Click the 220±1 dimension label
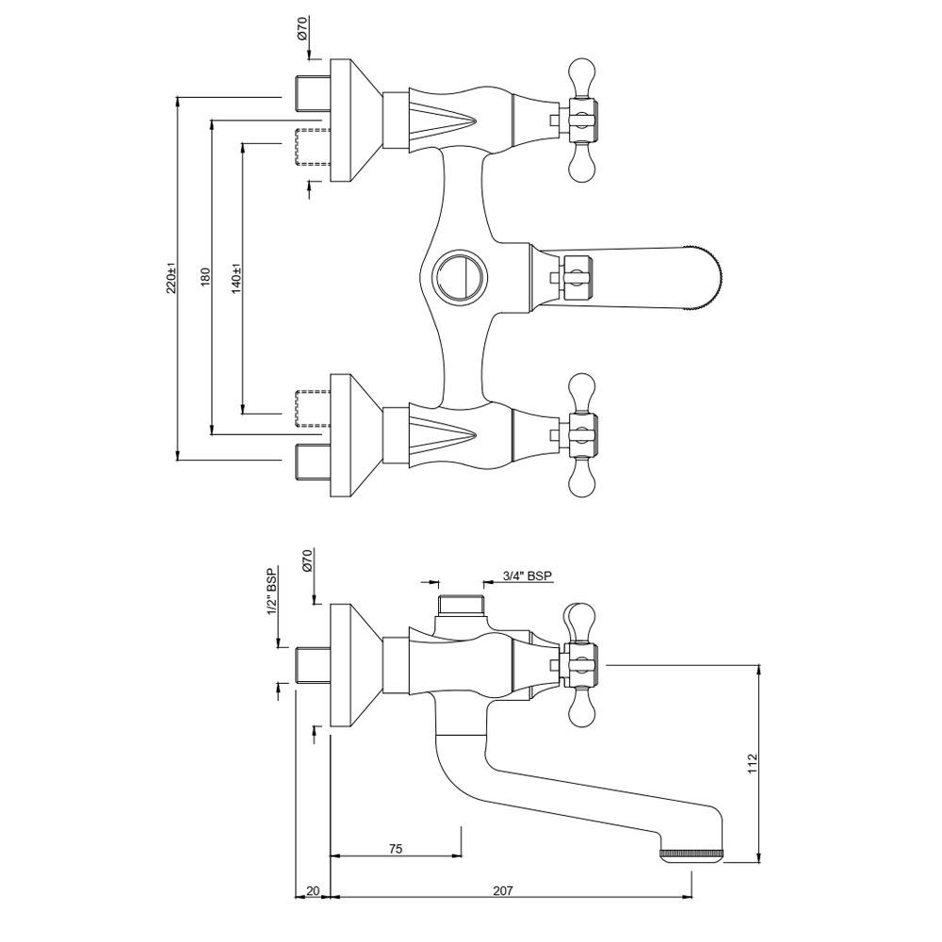click(171, 279)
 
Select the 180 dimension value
click(203, 279)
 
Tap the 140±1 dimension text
click(235, 279)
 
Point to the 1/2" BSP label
click(272, 593)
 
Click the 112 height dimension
click(751, 763)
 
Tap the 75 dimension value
click(396, 850)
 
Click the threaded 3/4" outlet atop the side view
click(462, 604)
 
